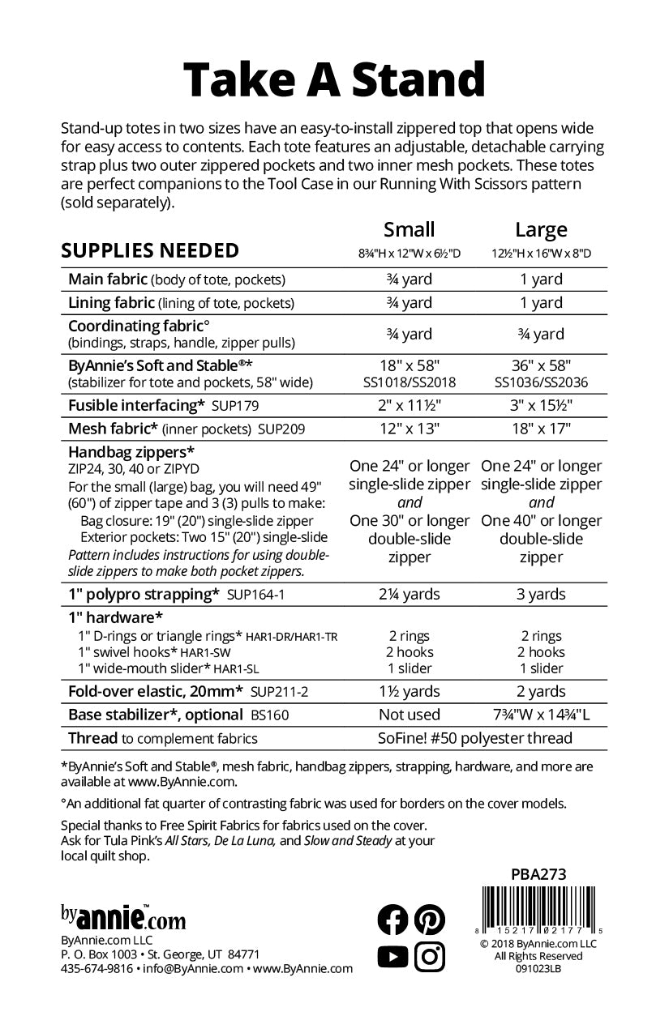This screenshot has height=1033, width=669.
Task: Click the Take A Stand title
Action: point(334,80)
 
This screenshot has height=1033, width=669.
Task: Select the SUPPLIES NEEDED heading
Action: point(150,250)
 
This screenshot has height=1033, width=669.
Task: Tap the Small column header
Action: point(409,230)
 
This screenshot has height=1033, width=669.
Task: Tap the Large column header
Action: point(541,231)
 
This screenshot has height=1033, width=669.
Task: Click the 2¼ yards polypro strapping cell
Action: point(409,594)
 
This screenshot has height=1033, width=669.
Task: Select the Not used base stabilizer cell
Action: point(409,715)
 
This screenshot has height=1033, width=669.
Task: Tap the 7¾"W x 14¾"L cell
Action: point(541,715)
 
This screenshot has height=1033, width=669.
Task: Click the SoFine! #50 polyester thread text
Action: point(474,738)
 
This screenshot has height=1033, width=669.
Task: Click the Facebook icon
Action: point(393,919)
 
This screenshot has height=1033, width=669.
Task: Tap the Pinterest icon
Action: point(430,919)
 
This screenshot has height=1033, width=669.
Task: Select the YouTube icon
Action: point(393,957)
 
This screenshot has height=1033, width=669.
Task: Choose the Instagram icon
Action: point(430,957)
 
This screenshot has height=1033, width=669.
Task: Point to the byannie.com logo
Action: point(123,917)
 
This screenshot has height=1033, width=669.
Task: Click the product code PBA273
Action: point(538,874)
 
